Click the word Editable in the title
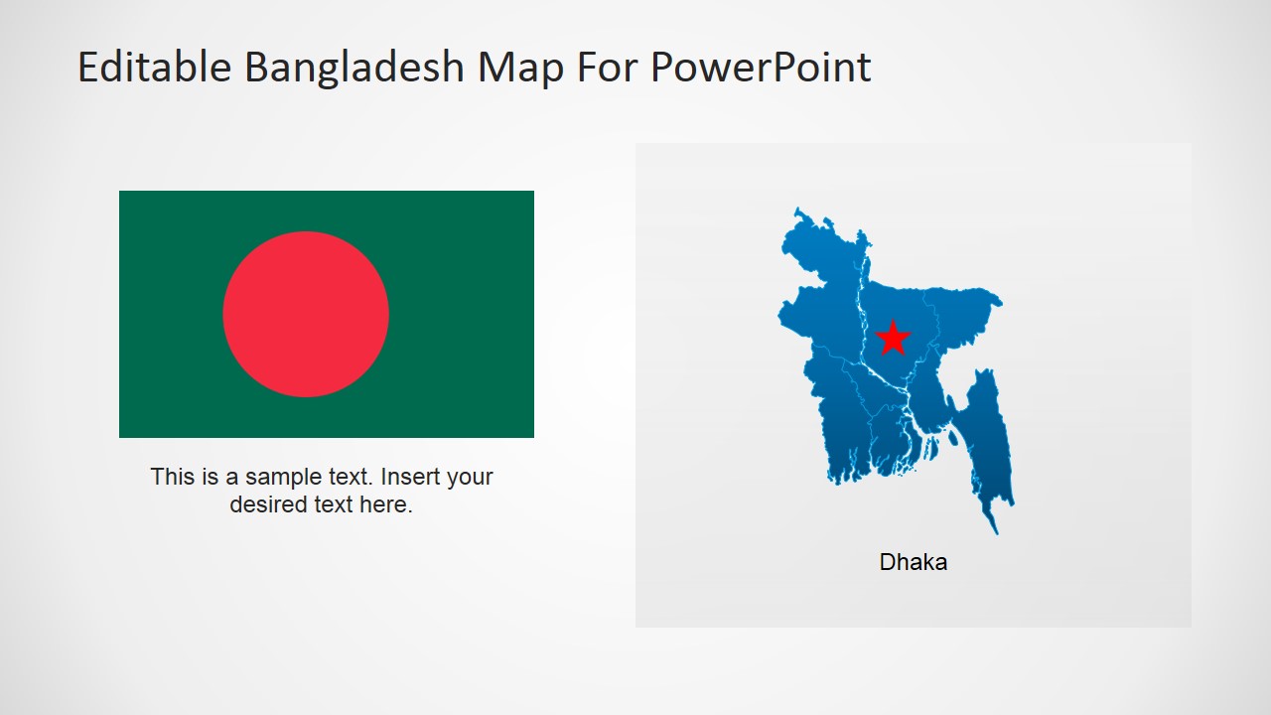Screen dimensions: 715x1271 click(x=155, y=68)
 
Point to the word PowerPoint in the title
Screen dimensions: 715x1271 click(x=761, y=68)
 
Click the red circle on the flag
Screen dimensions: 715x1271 click(x=306, y=314)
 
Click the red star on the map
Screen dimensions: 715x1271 click(x=894, y=339)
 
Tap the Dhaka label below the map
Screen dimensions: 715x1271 click(x=914, y=562)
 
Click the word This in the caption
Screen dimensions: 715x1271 click(x=171, y=477)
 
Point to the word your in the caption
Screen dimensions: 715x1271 click(x=470, y=477)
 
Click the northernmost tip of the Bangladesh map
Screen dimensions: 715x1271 click(x=796, y=211)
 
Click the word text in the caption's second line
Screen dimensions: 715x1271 click(x=333, y=504)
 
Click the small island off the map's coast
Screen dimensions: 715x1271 click(x=954, y=436)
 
